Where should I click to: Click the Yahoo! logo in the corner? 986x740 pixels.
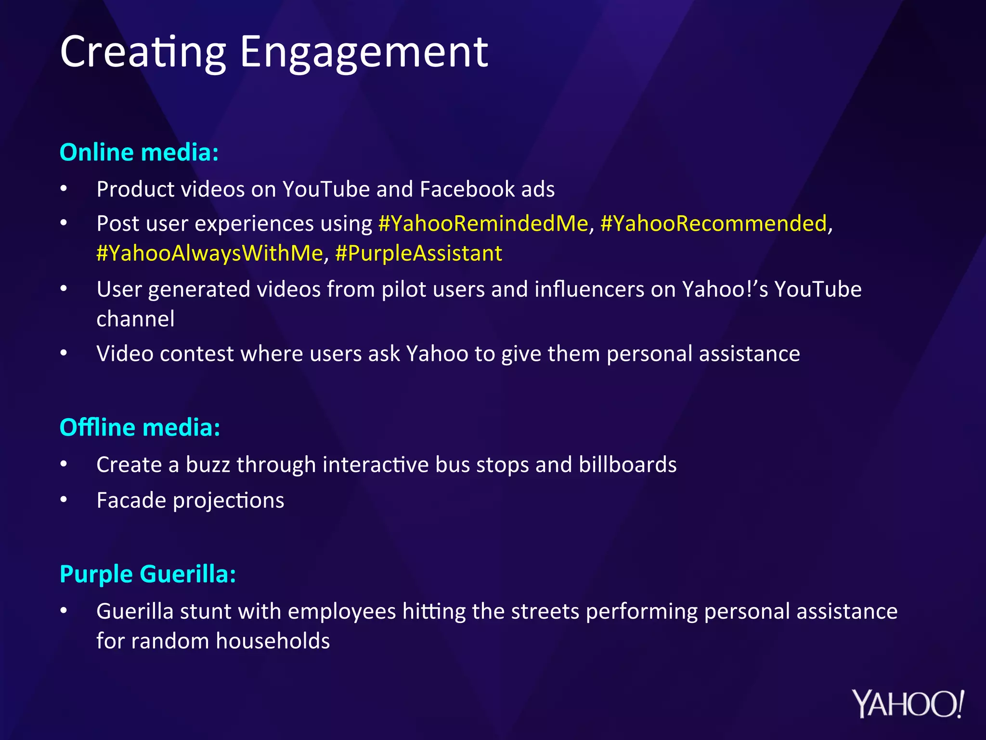908,704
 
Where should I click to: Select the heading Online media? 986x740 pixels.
139,152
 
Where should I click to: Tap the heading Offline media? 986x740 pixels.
140,427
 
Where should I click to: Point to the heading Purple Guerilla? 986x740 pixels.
148,574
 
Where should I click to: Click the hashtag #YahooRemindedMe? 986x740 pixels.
483,224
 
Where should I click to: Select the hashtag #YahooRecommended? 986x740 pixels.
714,224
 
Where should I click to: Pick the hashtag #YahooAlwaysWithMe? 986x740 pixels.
209,253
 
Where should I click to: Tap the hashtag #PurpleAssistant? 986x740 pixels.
418,253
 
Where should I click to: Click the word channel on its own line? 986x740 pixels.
135,319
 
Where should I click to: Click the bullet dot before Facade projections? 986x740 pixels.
64,500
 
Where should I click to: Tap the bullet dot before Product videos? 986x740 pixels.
64,189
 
